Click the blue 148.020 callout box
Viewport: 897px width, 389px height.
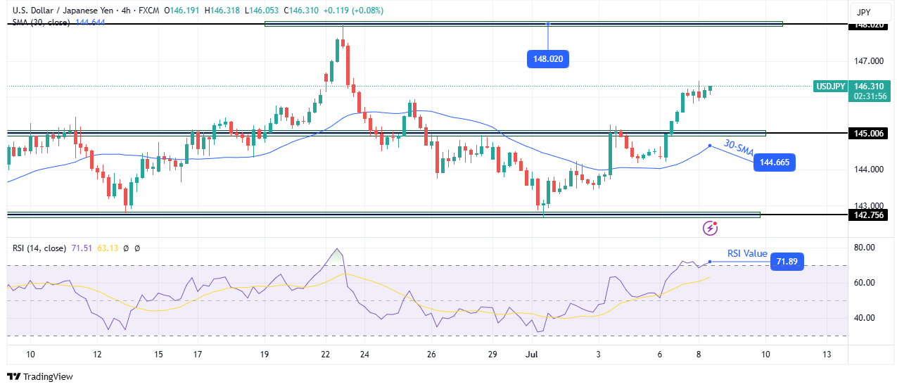547,59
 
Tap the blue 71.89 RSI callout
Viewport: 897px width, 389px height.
786,262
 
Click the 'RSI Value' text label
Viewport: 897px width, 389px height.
747,253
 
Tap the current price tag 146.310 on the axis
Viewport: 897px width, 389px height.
870,86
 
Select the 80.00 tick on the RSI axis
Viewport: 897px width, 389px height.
865,248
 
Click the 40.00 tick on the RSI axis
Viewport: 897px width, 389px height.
865,318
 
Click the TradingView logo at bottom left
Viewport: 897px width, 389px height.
40,376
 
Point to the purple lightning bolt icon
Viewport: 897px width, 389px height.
711,227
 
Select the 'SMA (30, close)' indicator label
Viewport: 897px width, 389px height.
41,23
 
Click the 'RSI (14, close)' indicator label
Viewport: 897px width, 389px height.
39,248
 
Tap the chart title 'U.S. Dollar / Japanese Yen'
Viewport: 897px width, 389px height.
66,10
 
